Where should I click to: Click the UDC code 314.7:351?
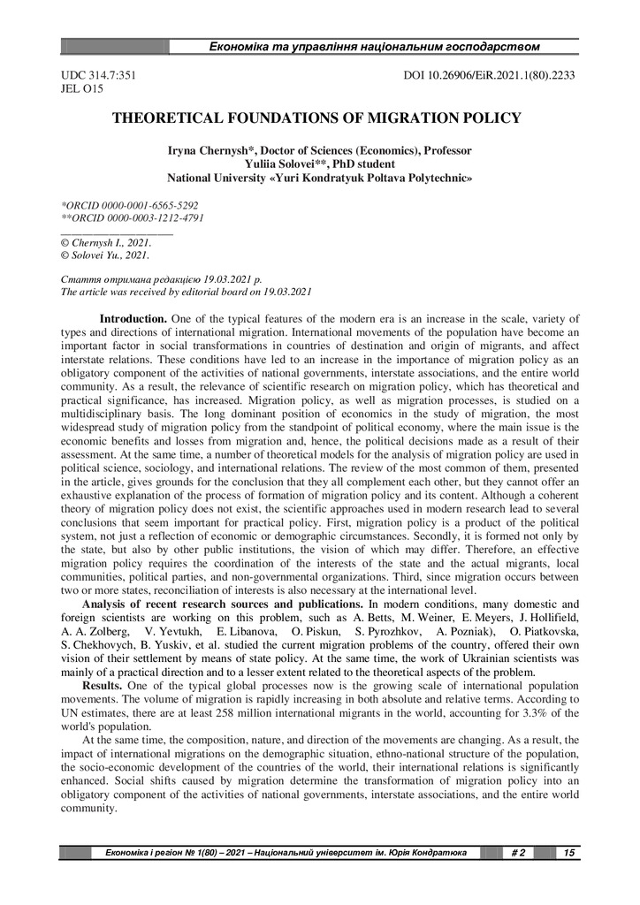[96, 75]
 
